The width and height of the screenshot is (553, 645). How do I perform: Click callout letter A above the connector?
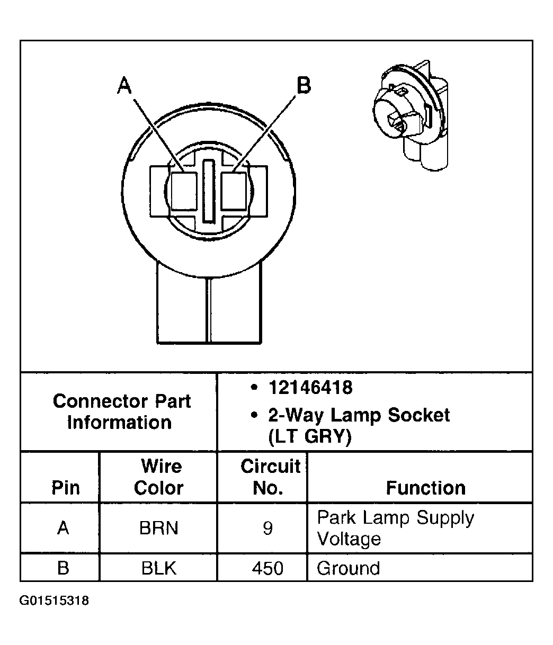pos(124,85)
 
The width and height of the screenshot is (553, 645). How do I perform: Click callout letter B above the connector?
pos(303,85)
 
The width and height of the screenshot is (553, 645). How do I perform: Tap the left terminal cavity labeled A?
pos(184,191)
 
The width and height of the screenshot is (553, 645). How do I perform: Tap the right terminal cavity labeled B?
pos(234,191)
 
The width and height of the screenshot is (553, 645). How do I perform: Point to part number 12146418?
pos(310,388)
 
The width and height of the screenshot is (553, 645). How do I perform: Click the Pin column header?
pos(65,487)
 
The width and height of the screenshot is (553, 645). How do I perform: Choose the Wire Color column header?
pos(159,477)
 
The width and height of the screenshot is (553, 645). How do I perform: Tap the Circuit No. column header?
pos(270,477)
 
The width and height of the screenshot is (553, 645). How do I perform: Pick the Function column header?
pos(425,487)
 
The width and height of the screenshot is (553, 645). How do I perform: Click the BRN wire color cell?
pos(158,528)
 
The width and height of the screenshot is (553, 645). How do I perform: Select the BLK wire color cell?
pos(158,568)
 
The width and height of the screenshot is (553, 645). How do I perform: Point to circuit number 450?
pos(268,568)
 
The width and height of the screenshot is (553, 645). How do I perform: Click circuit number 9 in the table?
pos(267,528)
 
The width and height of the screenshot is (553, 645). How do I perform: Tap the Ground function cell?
pos(349,568)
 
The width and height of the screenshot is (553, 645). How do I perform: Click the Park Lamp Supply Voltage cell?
pos(395,528)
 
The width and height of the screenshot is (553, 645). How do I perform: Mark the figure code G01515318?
pos(55,601)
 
